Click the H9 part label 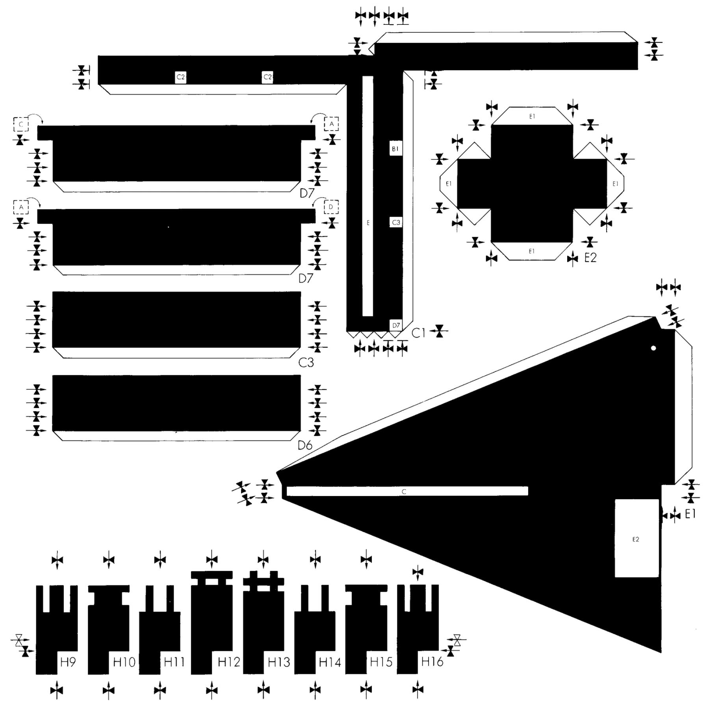pyautogui.click(x=68, y=662)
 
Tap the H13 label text pyautogui.click(x=279, y=662)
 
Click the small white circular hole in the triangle pyautogui.click(x=653, y=348)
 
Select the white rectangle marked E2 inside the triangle pyautogui.click(x=637, y=538)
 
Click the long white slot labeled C pyautogui.click(x=407, y=491)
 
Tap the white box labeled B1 pyautogui.click(x=396, y=149)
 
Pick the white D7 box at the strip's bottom pyautogui.click(x=396, y=325)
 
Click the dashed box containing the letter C pyautogui.click(x=21, y=124)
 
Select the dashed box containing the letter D pyautogui.click(x=331, y=207)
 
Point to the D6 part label pyautogui.click(x=305, y=445)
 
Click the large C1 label pyautogui.click(x=419, y=333)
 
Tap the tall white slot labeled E pyautogui.click(x=367, y=196)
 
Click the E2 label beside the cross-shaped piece pyautogui.click(x=590, y=257)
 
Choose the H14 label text pyautogui.click(x=330, y=662)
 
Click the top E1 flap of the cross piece pyautogui.click(x=532, y=116)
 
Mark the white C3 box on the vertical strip pyautogui.click(x=396, y=222)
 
